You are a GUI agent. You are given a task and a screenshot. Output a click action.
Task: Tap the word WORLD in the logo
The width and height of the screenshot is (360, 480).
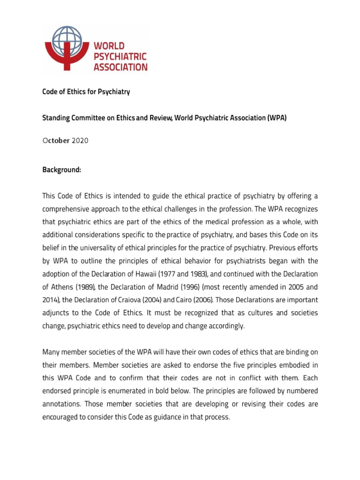point(110,46)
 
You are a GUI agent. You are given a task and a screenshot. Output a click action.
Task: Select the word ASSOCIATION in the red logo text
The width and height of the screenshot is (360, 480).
point(120,67)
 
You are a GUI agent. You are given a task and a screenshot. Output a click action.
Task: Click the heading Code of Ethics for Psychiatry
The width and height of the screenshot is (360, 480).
point(86,92)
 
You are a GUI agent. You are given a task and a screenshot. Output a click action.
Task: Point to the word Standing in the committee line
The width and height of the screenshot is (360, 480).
point(56,118)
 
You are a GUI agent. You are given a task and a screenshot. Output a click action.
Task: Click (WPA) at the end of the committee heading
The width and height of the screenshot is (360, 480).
point(277,118)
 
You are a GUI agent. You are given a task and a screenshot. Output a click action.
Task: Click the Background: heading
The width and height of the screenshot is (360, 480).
point(62,171)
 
